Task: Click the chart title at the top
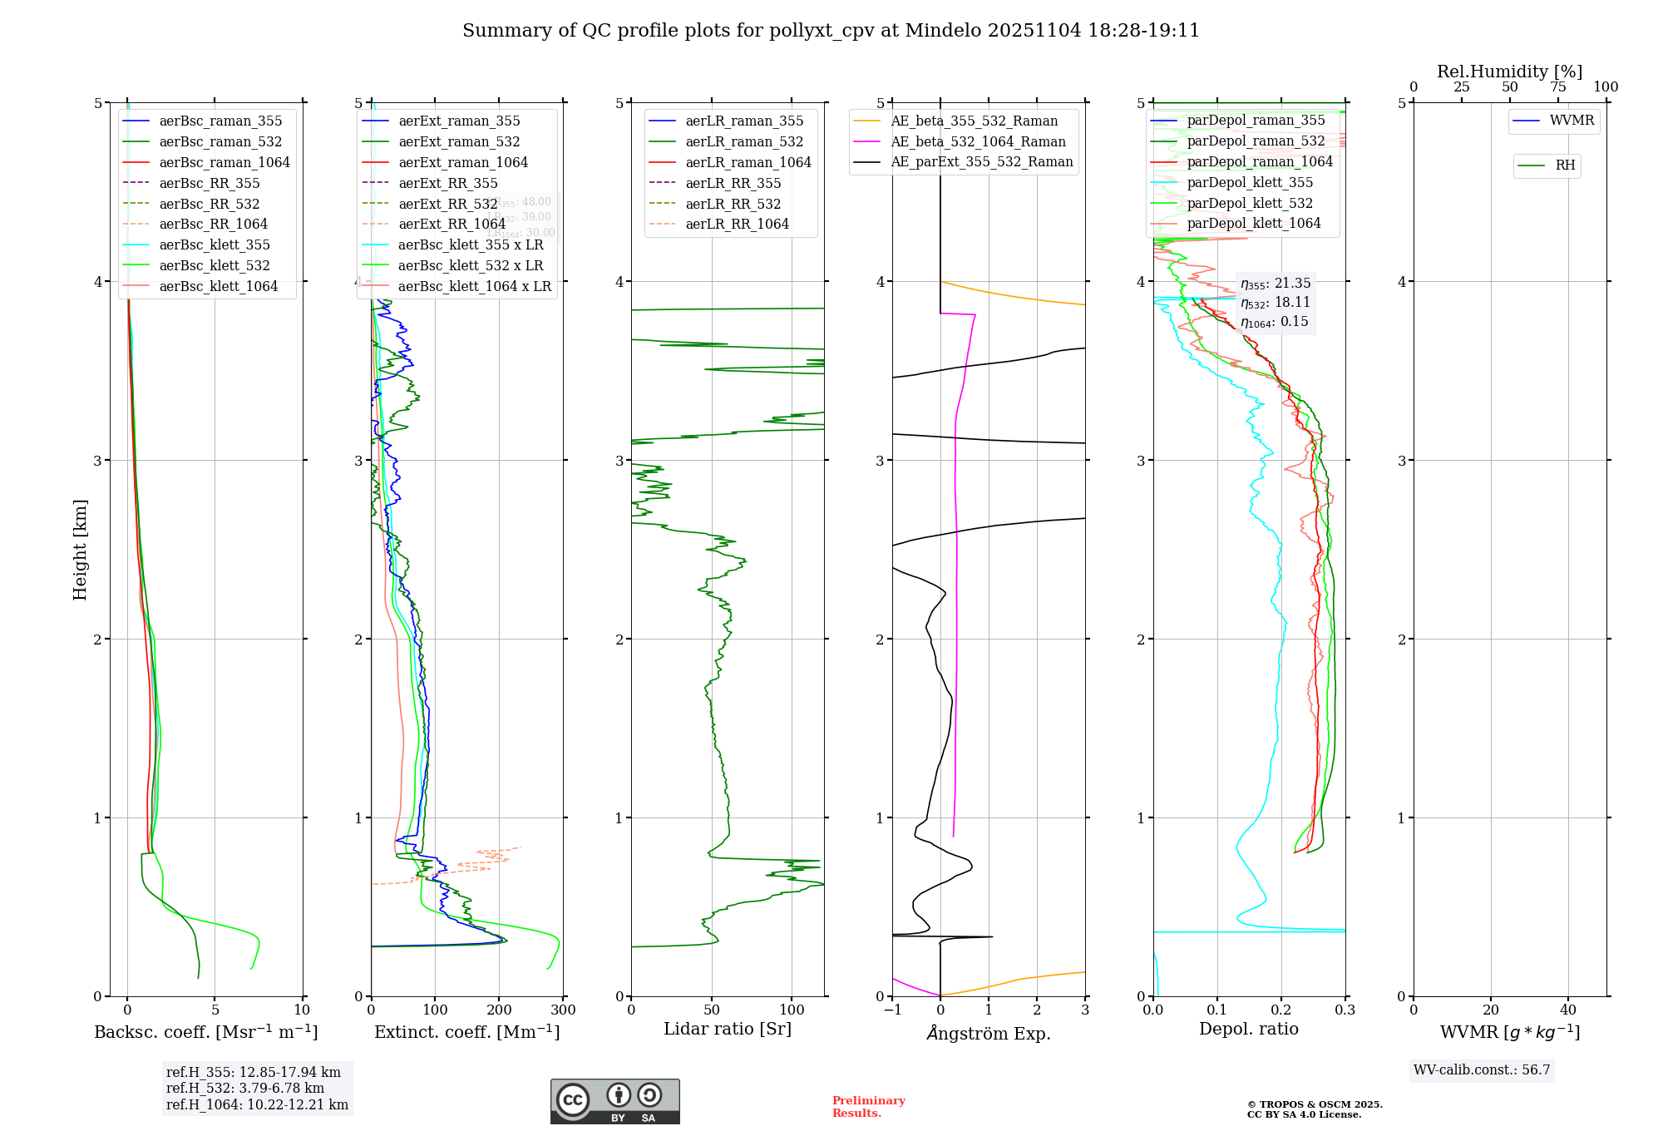(x=831, y=31)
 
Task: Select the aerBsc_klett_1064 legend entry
(x=218, y=286)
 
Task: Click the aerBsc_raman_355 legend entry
(x=220, y=121)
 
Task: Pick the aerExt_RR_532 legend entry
(x=447, y=204)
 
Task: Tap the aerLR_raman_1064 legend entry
(x=748, y=162)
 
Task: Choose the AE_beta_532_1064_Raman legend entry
(x=978, y=141)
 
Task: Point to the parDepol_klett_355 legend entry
(x=1250, y=182)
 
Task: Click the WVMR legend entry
(x=1572, y=121)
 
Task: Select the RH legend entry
(x=1565, y=165)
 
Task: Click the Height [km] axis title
(x=80, y=550)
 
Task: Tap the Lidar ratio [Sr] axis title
(x=728, y=1029)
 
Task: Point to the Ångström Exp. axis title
(x=989, y=1033)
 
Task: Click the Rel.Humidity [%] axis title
(x=1509, y=72)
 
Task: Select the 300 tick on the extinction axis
(x=563, y=1010)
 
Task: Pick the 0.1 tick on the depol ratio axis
(x=1217, y=1010)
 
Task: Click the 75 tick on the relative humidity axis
(x=1558, y=87)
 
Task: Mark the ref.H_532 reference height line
(x=245, y=1088)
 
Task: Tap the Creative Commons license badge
(x=614, y=1101)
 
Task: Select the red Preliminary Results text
(x=868, y=1106)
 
